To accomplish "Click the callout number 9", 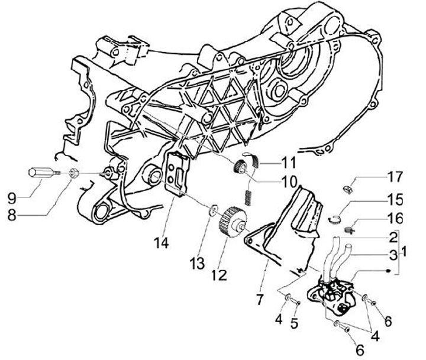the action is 12,198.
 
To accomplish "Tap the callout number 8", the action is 12,215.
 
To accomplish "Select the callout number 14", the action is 162,242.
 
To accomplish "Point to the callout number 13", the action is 197,263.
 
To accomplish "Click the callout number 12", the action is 219,275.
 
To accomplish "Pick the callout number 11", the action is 288,163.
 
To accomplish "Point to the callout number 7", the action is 260,300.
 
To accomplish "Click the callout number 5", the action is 295,323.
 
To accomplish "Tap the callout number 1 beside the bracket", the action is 404,251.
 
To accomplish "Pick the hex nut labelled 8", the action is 74,173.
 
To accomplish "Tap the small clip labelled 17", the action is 348,190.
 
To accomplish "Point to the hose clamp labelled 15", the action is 335,219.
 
